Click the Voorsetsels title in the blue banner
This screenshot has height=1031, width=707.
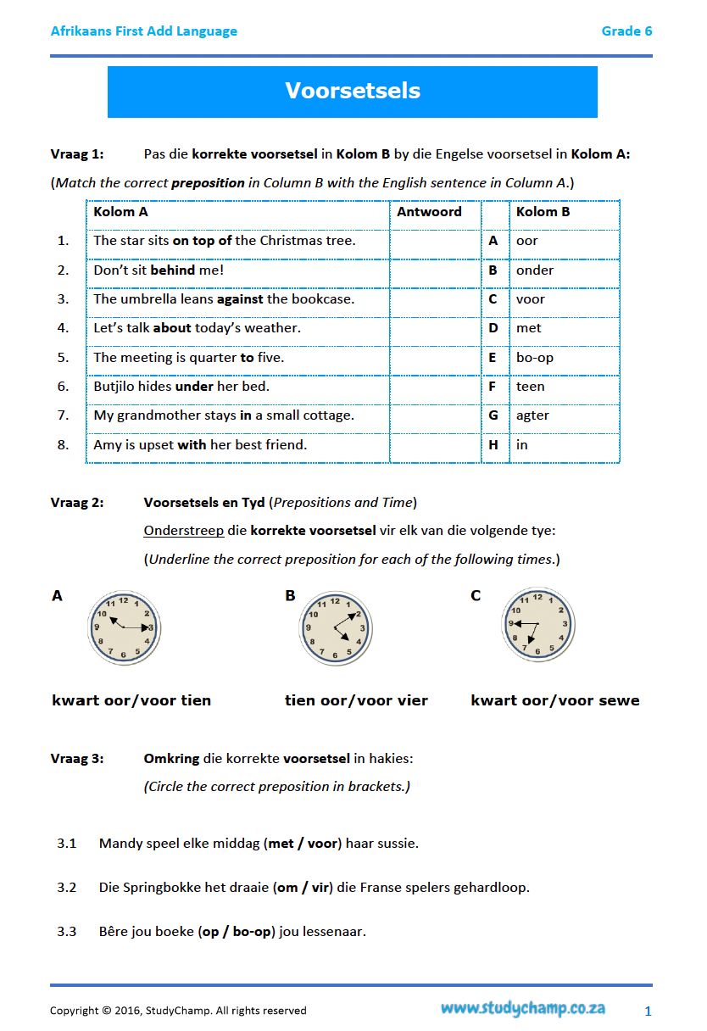(x=353, y=92)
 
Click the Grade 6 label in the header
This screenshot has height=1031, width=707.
(x=626, y=31)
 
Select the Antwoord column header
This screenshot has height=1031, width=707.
(x=429, y=212)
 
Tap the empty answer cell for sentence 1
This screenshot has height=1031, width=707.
(x=434, y=241)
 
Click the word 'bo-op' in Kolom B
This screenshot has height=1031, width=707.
(x=535, y=358)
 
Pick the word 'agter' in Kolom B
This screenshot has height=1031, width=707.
(x=532, y=415)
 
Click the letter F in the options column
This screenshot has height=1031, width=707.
(x=493, y=387)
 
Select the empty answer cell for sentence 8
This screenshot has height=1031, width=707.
(x=434, y=445)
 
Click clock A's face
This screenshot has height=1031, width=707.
(x=124, y=627)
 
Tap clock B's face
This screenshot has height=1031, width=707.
(x=336, y=627)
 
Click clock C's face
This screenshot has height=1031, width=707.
(x=538, y=625)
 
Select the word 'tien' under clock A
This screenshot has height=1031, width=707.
(x=196, y=700)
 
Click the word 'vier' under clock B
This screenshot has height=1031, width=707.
(x=410, y=700)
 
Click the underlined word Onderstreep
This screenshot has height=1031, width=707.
(x=184, y=531)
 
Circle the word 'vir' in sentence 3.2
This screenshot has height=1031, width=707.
(x=320, y=888)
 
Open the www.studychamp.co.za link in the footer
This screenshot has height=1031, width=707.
(x=522, y=1009)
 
